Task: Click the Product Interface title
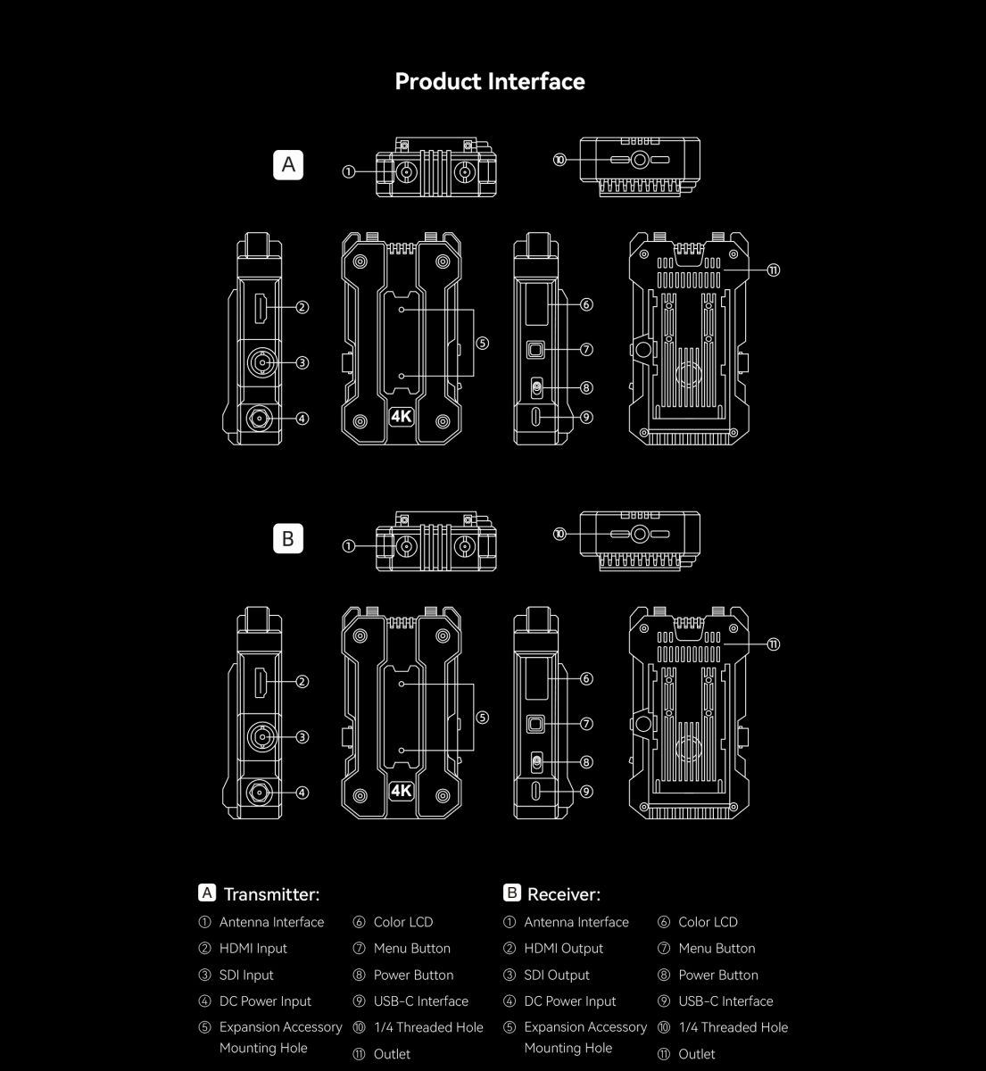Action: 490,82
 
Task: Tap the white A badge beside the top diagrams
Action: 288,164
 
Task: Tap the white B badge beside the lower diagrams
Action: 288,539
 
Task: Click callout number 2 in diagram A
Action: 302,308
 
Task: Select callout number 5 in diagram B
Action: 482,718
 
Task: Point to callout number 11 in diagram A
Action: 773,270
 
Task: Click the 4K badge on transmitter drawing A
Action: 402,416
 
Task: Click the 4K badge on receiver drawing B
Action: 402,790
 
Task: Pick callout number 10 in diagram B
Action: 559,534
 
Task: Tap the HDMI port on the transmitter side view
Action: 261,308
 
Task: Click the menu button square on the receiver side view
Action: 535,724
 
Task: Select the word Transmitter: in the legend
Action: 272,894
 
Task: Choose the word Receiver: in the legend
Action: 564,894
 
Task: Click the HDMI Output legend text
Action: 563,948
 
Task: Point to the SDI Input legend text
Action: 246,975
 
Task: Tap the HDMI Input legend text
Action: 253,948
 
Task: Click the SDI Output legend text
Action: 557,975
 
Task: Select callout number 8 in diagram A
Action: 586,387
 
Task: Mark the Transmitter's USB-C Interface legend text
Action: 420,1001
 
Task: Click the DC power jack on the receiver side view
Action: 260,793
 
